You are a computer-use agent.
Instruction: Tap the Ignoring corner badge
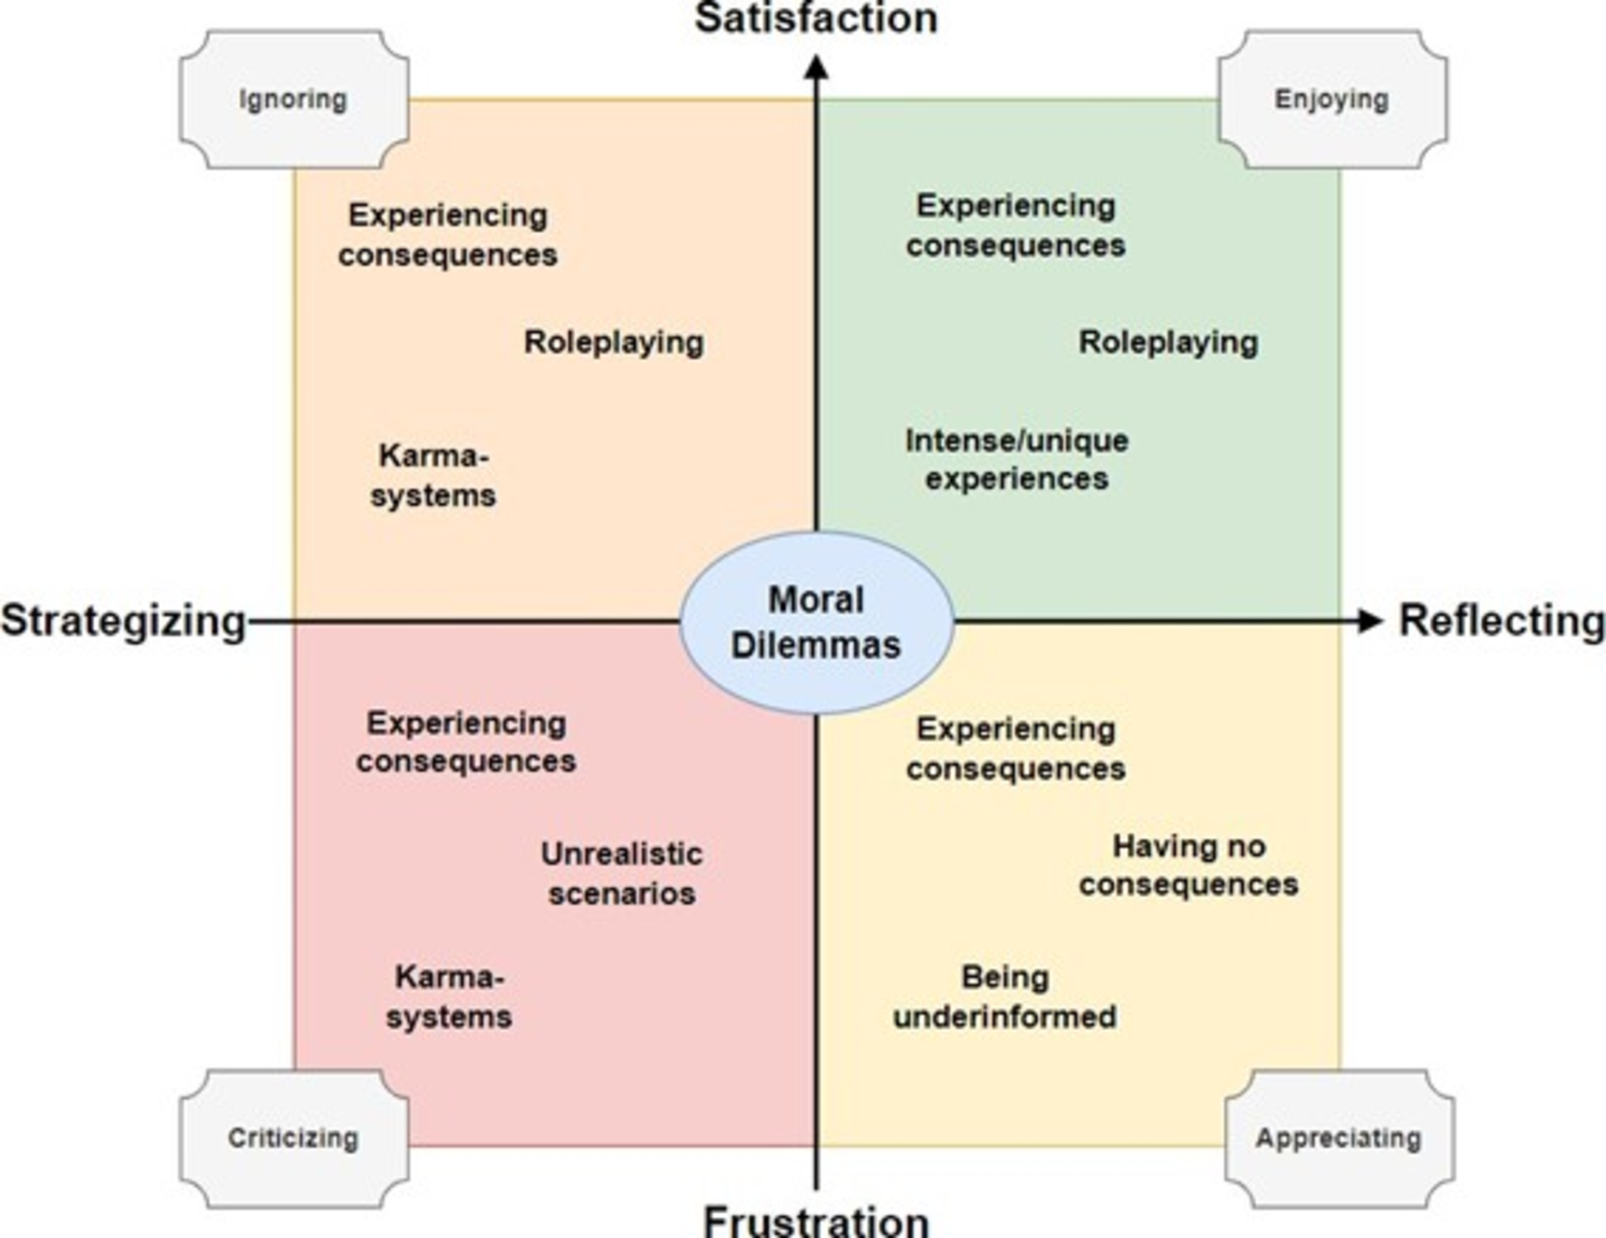[x=294, y=99]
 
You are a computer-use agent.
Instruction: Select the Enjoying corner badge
[x=1332, y=99]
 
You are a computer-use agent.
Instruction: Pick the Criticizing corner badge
[x=294, y=1138]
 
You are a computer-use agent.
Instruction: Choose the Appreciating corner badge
[x=1338, y=1138]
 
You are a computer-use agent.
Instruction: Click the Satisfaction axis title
[x=816, y=18]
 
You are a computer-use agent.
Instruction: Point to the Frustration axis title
[x=816, y=1220]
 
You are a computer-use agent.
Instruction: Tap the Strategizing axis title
[x=123, y=621]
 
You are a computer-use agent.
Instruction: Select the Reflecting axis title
[x=1500, y=621]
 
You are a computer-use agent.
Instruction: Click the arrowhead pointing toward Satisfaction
[x=816, y=67]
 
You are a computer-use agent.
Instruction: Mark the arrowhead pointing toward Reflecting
[x=1369, y=621]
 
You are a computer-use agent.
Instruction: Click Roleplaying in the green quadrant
[x=1168, y=343]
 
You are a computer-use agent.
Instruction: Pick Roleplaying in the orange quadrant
[x=613, y=343]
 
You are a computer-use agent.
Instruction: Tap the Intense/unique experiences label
[x=1017, y=459]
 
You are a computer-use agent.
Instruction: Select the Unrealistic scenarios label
[x=621, y=874]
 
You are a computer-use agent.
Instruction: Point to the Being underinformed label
[x=1005, y=998]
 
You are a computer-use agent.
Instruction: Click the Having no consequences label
[x=1188, y=865]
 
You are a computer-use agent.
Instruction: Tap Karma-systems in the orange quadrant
[x=433, y=475]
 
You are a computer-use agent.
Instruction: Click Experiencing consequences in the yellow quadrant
[x=1015, y=749]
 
